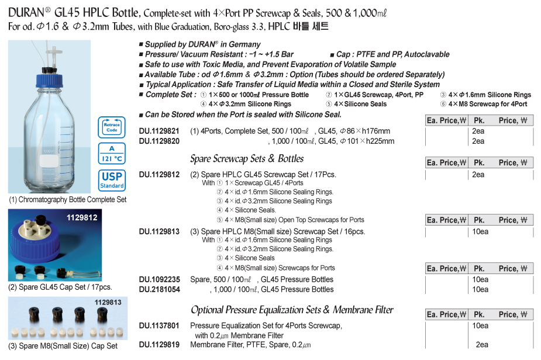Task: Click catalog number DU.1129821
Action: click(159, 131)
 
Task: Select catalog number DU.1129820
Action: click(159, 141)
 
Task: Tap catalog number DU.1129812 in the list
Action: click(159, 174)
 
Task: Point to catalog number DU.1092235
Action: click(159, 279)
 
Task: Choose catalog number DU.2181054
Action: click(159, 289)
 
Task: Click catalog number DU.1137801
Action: click(159, 326)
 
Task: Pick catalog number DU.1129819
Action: click(159, 345)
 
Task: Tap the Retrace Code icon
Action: click(112, 127)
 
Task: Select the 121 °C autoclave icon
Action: click(112, 153)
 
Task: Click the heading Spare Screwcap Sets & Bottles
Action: click(247, 159)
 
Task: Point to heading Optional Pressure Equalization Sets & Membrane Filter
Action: click(292, 310)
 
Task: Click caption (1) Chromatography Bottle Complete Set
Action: click(67, 199)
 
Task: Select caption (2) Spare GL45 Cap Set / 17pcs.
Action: click(60, 287)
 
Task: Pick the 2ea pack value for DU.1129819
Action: click(481, 345)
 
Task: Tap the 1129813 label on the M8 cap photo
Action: click(107, 302)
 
